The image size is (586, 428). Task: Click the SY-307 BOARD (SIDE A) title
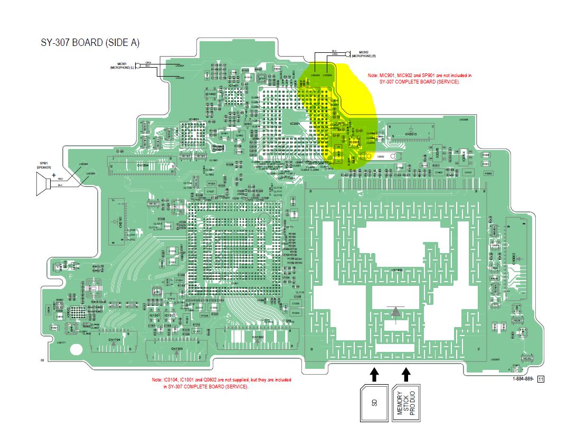pyautogui.click(x=90, y=43)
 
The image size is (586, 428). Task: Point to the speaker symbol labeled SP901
pyautogui.click(x=42, y=183)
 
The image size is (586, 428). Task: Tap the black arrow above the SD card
pyautogui.click(x=374, y=374)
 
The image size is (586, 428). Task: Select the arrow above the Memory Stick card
pyautogui.click(x=406, y=374)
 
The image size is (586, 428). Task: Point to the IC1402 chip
pyautogui.click(x=210, y=94)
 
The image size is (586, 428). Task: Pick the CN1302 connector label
pyautogui.click(x=257, y=337)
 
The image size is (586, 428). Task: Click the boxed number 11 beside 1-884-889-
pyautogui.click(x=541, y=379)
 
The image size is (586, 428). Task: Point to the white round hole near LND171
pyautogui.click(x=76, y=349)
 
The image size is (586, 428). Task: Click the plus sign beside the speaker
pyautogui.click(x=53, y=174)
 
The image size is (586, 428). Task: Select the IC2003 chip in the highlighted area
pyautogui.click(x=354, y=142)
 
